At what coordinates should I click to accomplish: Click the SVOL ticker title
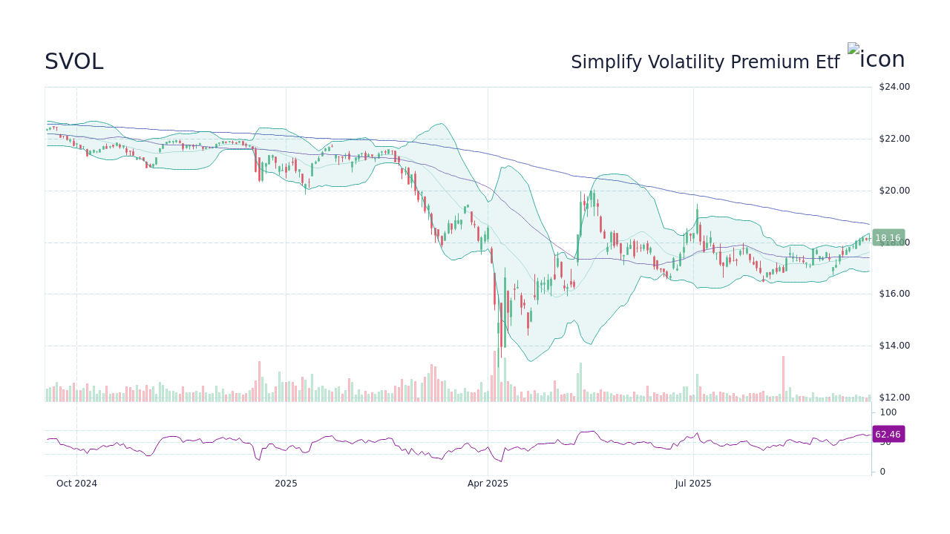[73, 62]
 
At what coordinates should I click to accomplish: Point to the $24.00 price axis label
[894, 87]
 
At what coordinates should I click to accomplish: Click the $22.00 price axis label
[894, 139]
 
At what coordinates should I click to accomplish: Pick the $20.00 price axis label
[894, 191]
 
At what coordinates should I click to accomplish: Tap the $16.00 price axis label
[894, 294]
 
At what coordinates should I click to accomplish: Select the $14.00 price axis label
[894, 346]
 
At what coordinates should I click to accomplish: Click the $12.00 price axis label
[894, 398]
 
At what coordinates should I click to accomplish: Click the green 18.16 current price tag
[888, 238]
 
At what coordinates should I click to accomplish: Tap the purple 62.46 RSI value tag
[888, 435]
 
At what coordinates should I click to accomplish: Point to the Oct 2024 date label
[76, 484]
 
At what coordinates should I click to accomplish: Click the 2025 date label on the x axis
[286, 484]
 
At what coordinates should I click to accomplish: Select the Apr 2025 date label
[488, 484]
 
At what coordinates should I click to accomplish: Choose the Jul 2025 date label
[693, 484]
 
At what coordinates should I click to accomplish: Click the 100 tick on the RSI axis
[888, 412]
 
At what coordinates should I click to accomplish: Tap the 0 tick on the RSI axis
[882, 471]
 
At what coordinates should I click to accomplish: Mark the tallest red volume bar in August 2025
[783, 378]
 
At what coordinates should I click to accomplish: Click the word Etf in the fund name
[826, 62]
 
